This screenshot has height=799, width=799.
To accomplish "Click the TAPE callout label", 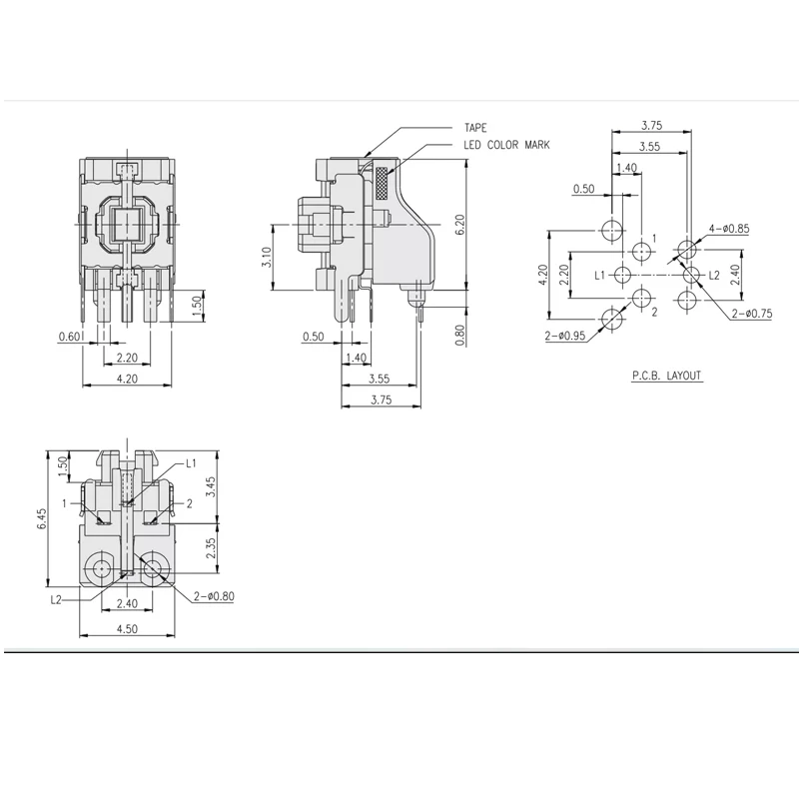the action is [x=475, y=128].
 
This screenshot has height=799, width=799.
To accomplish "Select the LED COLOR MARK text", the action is [x=506, y=145].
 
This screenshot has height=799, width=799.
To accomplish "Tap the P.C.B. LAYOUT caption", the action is [x=666, y=376].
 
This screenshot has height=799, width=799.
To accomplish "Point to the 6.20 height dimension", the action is [x=459, y=224].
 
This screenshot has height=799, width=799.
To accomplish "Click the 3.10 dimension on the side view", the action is [x=267, y=258].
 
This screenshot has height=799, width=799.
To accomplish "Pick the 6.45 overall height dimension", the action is [x=42, y=518].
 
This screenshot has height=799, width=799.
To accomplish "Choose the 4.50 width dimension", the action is [x=127, y=629].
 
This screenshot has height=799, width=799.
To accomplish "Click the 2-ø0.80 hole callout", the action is [x=214, y=596].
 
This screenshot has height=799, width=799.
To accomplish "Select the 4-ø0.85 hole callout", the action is [x=729, y=229].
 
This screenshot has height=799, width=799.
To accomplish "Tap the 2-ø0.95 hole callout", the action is [x=565, y=336].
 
